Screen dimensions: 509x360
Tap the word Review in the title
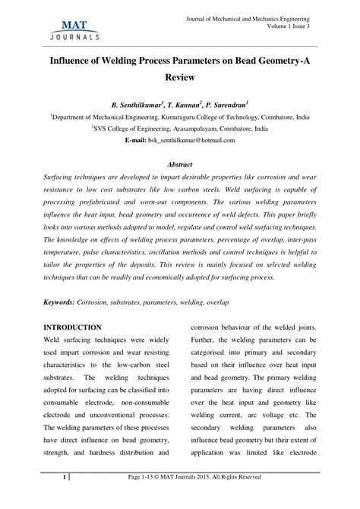click(x=180, y=77)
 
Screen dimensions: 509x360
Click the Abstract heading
click(x=180, y=165)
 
